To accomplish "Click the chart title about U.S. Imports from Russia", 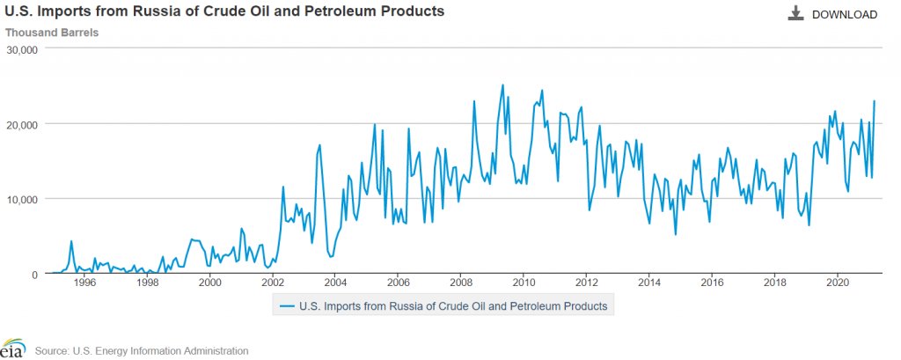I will pos(224,12).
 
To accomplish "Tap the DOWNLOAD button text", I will pos(844,14).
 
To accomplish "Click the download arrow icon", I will pos(796,13).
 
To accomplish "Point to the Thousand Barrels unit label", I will pos(52,33).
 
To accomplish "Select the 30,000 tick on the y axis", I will pos(21,49).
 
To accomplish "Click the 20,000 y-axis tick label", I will pos(21,124).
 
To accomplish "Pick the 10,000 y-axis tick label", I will pos(21,199).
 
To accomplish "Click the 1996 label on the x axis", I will pos(84,283).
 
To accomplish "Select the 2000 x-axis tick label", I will pos(209,283).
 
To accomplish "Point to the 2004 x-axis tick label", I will pos(335,283).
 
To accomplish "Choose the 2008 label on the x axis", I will pos(461,283).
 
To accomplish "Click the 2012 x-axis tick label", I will pos(587,283).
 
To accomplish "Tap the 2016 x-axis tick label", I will pos(713,283).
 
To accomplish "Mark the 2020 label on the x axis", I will pos(838,283).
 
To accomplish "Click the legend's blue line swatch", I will pos(288,306).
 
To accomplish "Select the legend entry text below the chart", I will pos(453,306).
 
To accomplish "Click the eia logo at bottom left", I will pos(12,349).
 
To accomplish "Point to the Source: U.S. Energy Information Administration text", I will pos(142,351).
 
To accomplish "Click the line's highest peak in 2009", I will pos(502,85).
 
